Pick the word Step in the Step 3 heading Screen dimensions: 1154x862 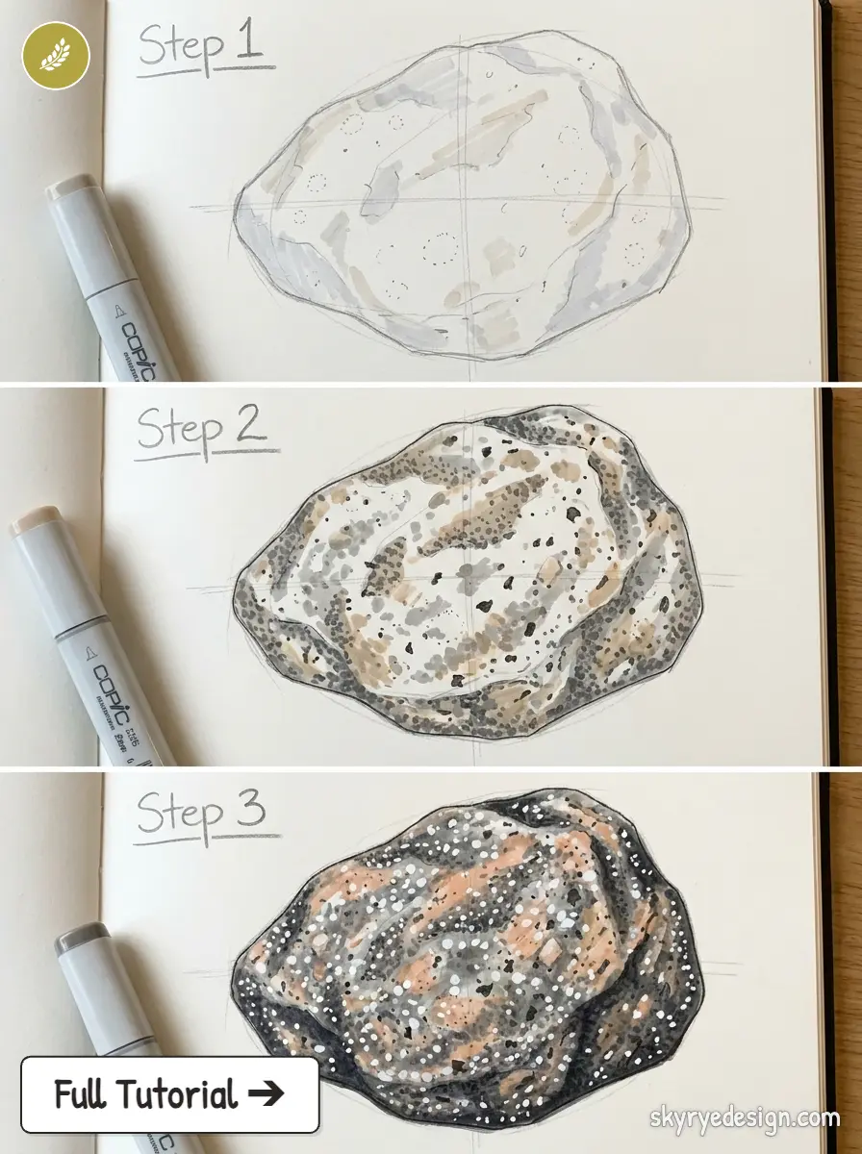[180, 815]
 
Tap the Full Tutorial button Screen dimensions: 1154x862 [169, 1094]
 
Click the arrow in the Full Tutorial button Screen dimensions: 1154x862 [266, 1094]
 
